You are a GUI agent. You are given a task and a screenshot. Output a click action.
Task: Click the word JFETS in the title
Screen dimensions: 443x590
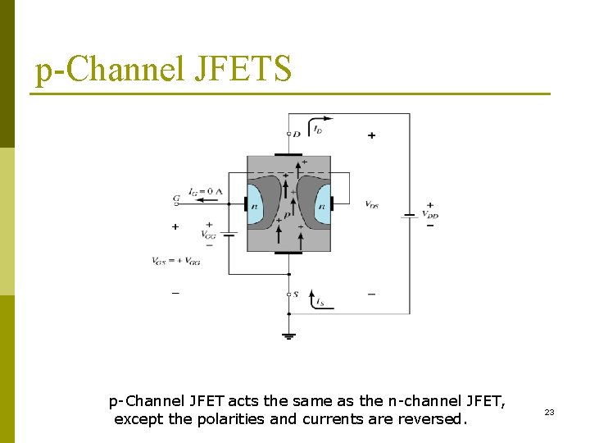(243, 69)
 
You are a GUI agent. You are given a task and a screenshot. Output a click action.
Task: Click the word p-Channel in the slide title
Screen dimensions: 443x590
(110, 69)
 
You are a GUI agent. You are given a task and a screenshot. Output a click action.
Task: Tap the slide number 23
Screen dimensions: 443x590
(549, 412)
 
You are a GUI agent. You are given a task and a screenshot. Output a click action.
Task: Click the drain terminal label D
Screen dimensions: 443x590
(297, 133)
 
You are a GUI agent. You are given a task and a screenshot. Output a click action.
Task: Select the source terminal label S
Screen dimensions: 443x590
(296, 295)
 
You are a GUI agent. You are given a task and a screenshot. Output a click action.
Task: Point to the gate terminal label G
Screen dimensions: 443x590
(176, 199)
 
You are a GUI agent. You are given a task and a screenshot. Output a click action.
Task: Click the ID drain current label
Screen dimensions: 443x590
(318, 130)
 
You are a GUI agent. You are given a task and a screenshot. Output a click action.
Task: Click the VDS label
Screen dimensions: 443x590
(371, 204)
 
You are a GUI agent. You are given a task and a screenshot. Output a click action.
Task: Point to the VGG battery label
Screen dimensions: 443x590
(209, 234)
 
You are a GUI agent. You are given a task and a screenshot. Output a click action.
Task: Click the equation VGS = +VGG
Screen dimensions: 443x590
(176, 261)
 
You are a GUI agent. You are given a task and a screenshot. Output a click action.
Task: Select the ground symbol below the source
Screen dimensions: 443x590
(288, 334)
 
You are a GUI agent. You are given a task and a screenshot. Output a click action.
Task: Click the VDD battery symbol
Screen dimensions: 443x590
(409, 215)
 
